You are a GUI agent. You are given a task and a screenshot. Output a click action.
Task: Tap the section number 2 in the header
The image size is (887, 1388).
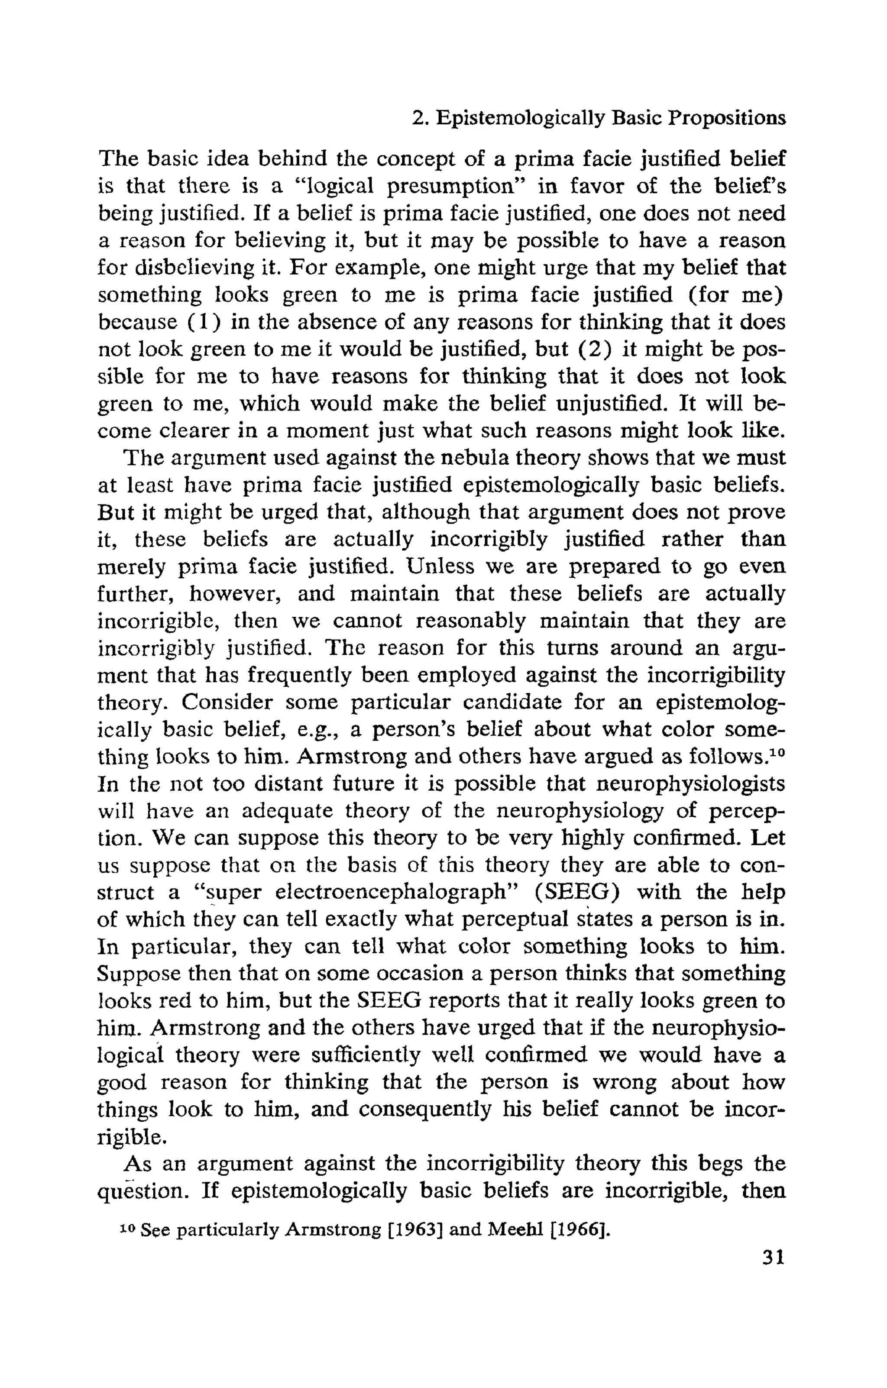click(418, 118)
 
